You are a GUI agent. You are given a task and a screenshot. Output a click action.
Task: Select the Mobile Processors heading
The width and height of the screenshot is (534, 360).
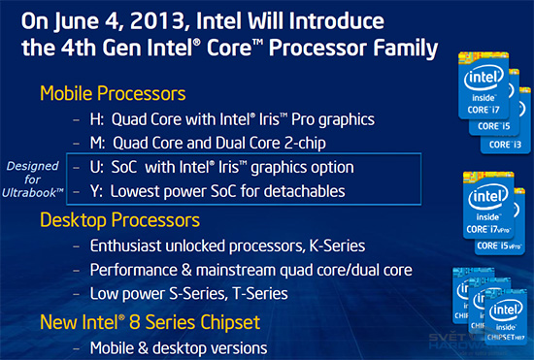(114, 93)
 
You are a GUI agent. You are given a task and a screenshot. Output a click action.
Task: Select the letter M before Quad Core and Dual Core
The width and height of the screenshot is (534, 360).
(94, 144)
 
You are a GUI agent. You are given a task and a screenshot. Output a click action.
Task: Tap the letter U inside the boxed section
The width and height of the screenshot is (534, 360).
(93, 168)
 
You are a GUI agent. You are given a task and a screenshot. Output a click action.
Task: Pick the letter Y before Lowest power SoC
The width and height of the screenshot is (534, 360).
(93, 192)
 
